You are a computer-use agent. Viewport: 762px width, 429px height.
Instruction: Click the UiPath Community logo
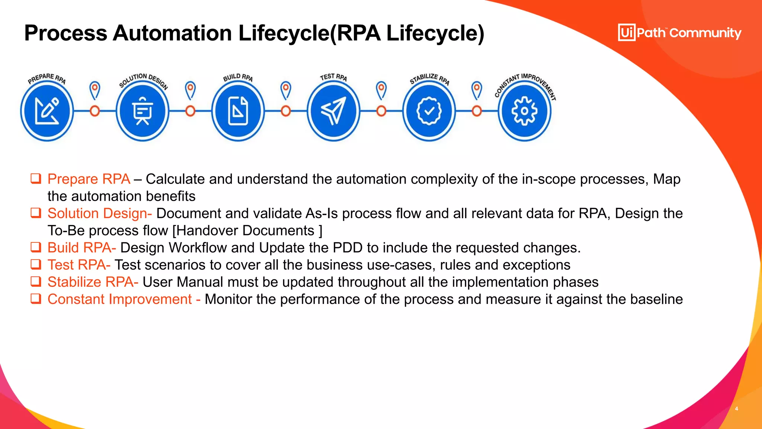pyautogui.click(x=679, y=33)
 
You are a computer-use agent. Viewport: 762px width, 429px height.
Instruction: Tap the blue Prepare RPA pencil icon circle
pyautogui.click(x=47, y=111)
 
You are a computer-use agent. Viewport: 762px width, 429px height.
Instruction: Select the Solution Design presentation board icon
pyautogui.click(x=142, y=111)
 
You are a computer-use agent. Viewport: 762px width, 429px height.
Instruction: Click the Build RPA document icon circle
pyautogui.click(x=238, y=111)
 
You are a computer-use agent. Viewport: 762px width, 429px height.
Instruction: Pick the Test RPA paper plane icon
pyautogui.click(x=333, y=111)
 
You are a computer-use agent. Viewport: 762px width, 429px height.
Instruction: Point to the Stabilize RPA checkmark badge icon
pyautogui.click(x=429, y=111)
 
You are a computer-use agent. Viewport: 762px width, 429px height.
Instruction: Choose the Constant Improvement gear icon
pyautogui.click(x=524, y=111)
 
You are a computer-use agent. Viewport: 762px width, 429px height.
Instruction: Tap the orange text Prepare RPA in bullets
pyautogui.click(x=89, y=179)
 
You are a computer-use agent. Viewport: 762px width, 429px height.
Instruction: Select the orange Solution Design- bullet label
pyautogui.click(x=99, y=213)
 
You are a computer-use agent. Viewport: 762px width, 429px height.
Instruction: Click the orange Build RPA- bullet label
pyautogui.click(x=81, y=248)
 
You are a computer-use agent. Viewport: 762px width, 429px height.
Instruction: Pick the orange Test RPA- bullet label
pyautogui.click(x=79, y=265)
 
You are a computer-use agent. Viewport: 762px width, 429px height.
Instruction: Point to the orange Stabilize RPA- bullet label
pyautogui.click(x=93, y=282)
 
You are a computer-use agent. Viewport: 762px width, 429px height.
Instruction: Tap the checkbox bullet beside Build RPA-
pyautogui.click(x=36, y=247)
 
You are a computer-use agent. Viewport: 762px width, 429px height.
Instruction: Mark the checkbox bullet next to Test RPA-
pyautogui.click(x=36, y=264)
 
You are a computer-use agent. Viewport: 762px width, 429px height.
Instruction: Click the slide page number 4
pyautogui.click(x=736, y=409)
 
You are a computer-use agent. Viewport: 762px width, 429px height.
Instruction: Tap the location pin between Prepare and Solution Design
pyautogui.click(x=95, y=90)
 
